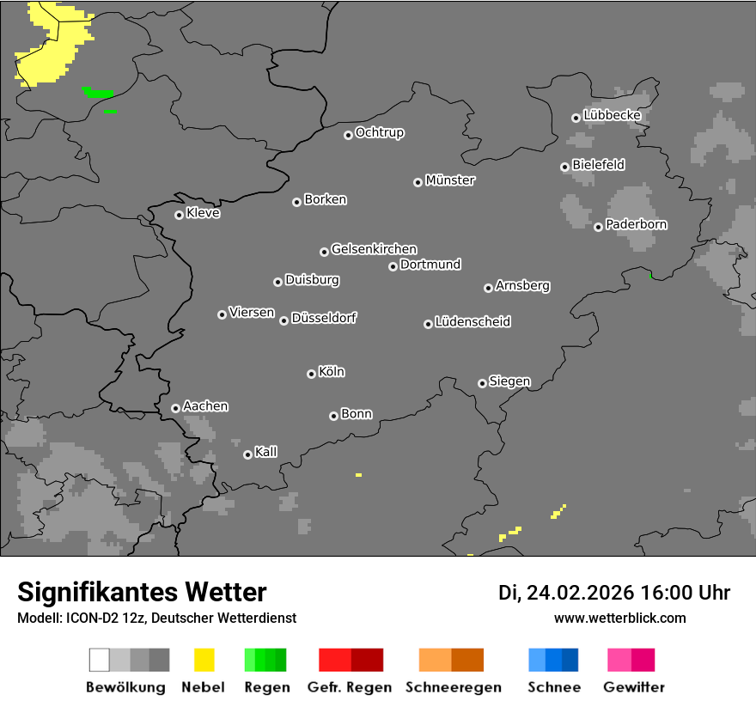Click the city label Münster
pos(450,180)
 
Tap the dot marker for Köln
pos(311,374)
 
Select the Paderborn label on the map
pos(637,224)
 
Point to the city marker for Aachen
pos(175,408)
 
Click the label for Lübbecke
pos(613,115)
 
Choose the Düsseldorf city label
pos(324,318)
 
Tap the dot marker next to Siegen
pos(482,383)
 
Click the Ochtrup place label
pos(380,132)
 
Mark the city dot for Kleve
pos(179,215)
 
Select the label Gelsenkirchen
pos(374,249)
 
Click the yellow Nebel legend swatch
pos(204,660)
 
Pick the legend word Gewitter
pos(634,687)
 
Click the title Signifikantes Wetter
pos(142,592)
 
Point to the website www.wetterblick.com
pos(620,618)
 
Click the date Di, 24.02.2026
pos(565,593)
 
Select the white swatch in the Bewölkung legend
pos(99,660)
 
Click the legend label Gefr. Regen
pos(350,687)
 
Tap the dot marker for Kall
pos(247,454)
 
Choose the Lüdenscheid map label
pos(472,322)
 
